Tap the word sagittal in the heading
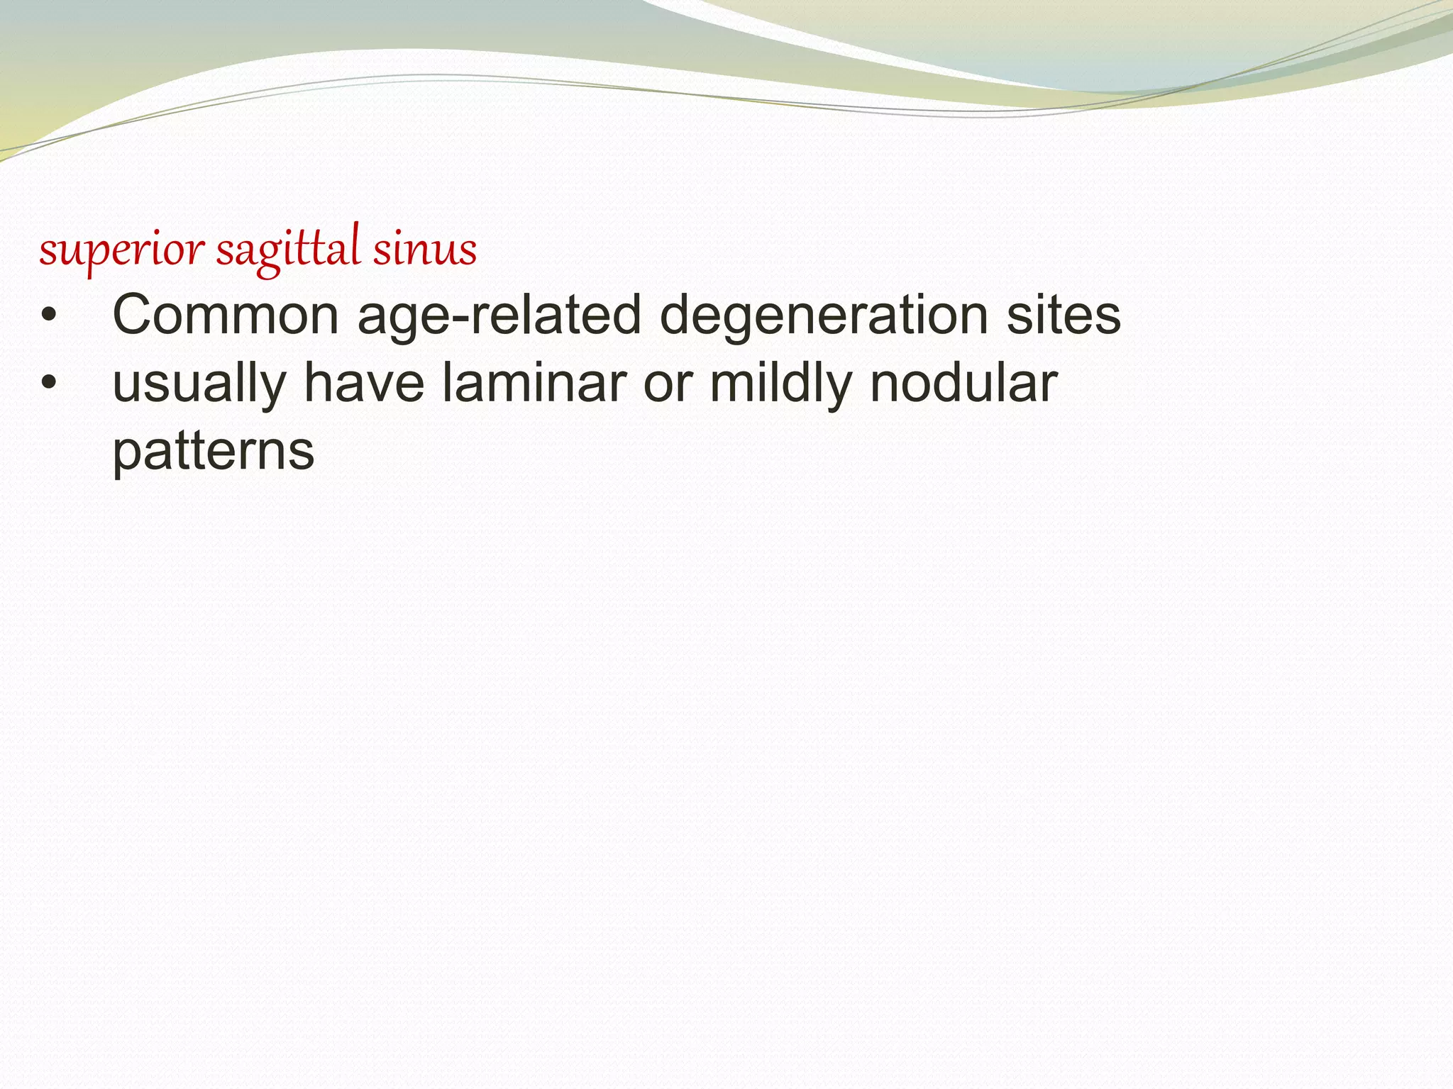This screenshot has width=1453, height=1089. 287,250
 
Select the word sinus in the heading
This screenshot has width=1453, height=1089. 425,250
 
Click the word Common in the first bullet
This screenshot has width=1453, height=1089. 226,315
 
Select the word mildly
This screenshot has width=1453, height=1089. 780,384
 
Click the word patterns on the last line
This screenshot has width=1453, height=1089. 213,452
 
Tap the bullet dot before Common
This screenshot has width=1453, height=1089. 48,315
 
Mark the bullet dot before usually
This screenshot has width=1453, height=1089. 48,384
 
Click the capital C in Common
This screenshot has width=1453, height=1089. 133,315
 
